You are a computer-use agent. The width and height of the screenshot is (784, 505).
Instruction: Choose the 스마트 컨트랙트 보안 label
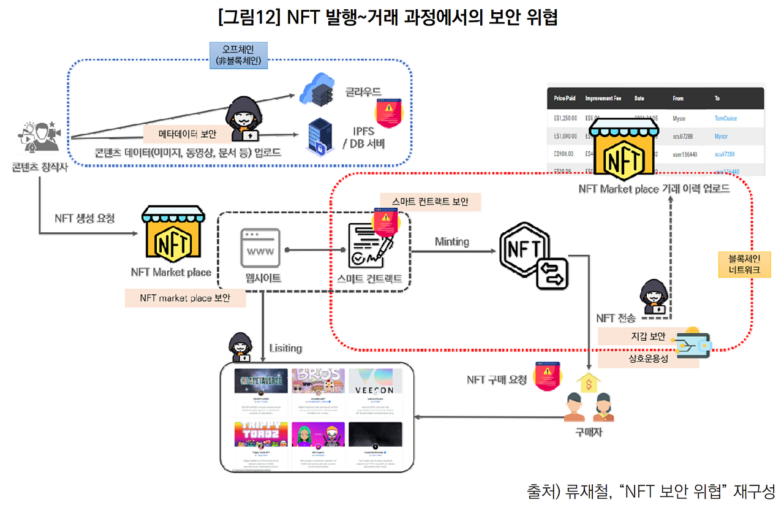[430, 202]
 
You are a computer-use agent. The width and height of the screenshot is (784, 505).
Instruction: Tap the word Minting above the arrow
[451, 241]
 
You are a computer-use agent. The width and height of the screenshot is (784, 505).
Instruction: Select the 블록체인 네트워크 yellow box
[745, 264]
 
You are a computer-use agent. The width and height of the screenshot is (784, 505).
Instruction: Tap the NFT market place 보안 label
[184, 298]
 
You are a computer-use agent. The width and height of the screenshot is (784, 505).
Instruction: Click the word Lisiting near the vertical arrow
[285, 348]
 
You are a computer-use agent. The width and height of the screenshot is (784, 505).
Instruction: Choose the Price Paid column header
[564, 98]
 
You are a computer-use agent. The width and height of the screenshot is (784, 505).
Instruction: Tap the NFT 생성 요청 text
[84, 218]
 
